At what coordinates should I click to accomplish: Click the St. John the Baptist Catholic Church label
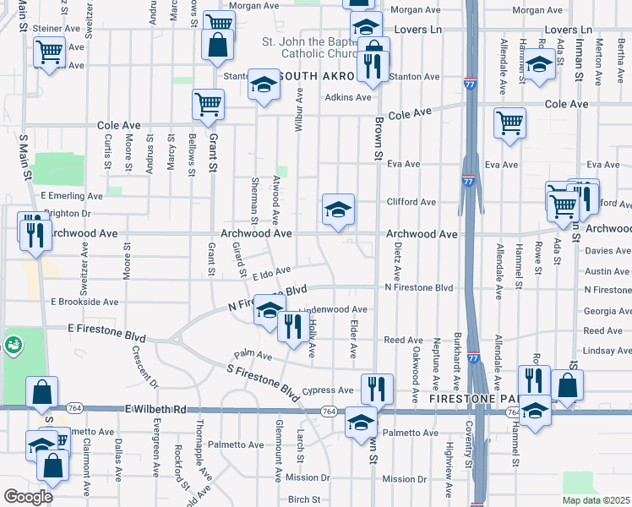pyautogui.click(x=304, y=49)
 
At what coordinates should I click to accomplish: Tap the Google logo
pyautogui.click(x=28, y=497)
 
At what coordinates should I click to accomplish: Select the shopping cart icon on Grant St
pyautogui.click(x=208, y=106)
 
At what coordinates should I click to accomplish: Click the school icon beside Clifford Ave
pyautogui.click(x=338, y=210)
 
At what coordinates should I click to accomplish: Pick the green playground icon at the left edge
pyautogui.click(x=14, y=345)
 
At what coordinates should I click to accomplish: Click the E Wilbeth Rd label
pyautogui.click(x=155, y=409)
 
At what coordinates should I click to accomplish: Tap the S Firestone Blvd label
pyautogui.click(x=263, y=383)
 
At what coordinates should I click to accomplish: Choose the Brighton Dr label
pyautogui.click(x=66, y=215)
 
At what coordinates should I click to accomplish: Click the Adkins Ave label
pyautogui.click(x=349, y=97)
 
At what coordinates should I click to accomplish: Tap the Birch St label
pyautogui.click(x=303, y=499)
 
